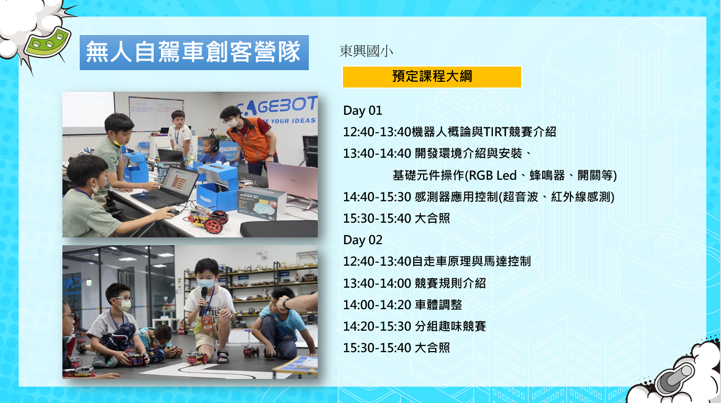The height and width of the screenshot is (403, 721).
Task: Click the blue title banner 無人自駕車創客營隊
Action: point(194,52)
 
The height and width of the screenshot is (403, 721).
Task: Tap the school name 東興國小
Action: point(367,51)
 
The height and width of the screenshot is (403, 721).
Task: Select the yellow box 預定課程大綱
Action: point(432,77)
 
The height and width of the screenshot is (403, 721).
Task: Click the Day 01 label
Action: point(363,111)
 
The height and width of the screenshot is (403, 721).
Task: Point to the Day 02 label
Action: point(363,240)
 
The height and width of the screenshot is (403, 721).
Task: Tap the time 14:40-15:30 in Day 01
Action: point(377,197)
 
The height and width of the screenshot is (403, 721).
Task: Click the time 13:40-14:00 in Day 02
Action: point(377,284)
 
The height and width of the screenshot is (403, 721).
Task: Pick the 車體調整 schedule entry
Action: point(438,304)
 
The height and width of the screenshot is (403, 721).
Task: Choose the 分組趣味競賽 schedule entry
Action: point(450,326)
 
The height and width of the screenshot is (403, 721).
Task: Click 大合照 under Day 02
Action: point(432,347)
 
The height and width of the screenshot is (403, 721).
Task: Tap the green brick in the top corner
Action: point(48,43)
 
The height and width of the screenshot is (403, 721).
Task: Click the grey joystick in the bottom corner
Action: point(675,379)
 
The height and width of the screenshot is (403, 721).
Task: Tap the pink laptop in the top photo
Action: point(292,181)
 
